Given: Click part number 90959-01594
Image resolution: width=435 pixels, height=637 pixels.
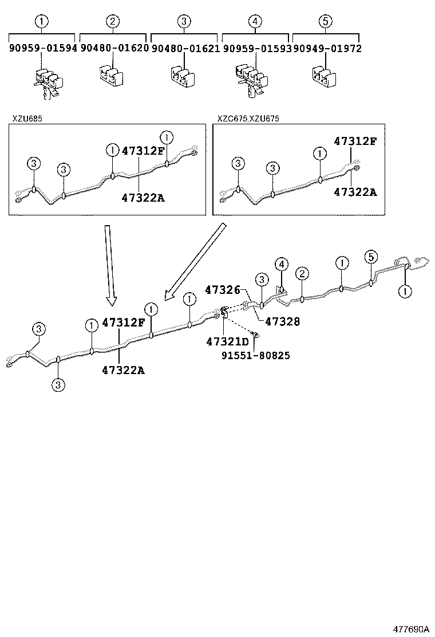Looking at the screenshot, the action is point(42,49).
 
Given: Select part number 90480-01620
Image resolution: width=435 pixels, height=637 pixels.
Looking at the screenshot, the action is point(114,49).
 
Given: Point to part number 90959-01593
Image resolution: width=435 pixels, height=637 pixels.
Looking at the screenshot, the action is point(256,49).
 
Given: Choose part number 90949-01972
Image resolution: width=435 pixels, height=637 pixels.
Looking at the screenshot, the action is point(327,49).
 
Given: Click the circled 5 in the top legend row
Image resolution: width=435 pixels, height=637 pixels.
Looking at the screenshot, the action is point(325,22).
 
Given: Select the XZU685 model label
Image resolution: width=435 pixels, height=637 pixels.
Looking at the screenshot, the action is point(27,119).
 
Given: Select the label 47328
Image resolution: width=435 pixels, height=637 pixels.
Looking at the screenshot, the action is point(282,323).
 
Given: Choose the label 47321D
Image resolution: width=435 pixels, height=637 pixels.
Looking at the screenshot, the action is point(228,342).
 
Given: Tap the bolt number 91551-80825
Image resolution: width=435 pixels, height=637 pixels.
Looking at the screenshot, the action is point(255,356).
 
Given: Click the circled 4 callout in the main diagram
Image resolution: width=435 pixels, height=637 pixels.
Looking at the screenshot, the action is point(281,264).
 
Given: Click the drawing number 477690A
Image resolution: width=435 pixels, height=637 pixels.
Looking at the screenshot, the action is point(410,628).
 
